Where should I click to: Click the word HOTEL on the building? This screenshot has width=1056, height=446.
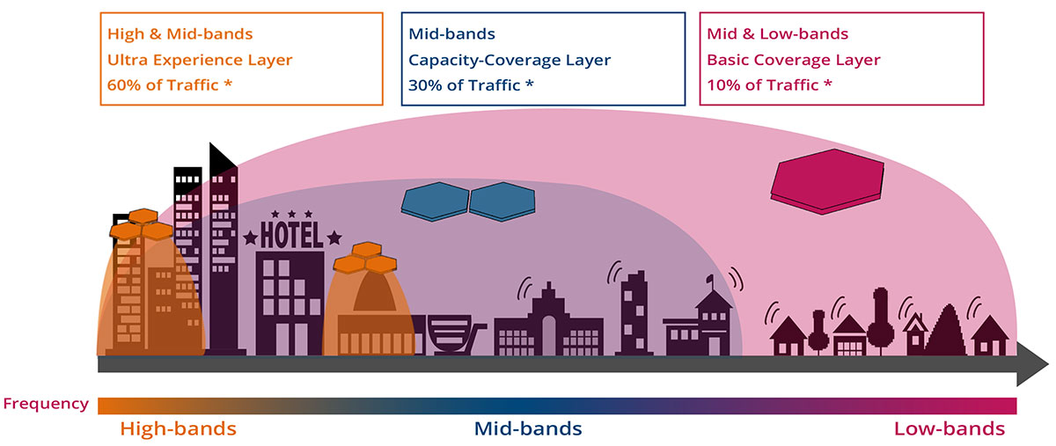pos(292,235)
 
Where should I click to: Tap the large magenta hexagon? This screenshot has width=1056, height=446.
pos(827,181)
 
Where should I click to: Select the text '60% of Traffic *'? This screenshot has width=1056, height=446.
pos(170,84)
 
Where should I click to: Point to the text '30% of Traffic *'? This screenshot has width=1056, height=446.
pos(471,84)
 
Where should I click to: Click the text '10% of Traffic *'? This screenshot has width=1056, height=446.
pos(769,84)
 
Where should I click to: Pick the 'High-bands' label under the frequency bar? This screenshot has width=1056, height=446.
pos(178,428)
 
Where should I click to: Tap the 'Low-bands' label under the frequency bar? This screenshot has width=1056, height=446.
pos(950,428)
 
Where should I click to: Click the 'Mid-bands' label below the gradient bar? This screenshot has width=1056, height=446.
pos(528,428)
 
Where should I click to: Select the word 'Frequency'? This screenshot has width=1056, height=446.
pos(46,404)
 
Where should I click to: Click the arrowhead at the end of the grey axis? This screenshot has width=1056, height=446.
pos(1032,364)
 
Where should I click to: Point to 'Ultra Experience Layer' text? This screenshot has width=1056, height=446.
pos(200,60)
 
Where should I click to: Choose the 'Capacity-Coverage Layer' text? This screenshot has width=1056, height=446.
pos(510,60)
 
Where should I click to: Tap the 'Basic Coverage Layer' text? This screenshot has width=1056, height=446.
pos(794,60)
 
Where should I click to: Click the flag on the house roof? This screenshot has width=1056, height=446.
pos(709,280)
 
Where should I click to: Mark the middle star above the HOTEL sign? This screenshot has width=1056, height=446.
pos(292,214)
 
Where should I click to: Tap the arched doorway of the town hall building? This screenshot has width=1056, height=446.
pos(549,335)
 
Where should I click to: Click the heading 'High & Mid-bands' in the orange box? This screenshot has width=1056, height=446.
pos(180,34)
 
